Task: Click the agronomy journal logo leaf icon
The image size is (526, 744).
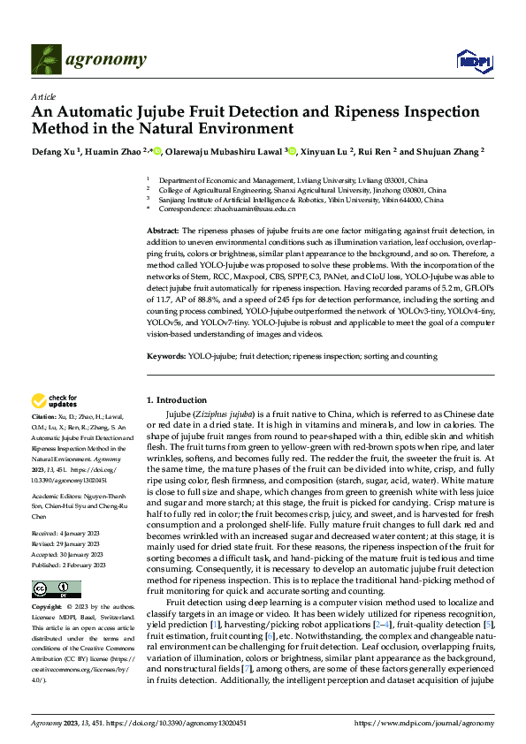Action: tap(45, 59)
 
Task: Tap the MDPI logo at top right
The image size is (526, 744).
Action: tap(471, 60)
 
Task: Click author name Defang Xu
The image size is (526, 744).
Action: tap(54, 151)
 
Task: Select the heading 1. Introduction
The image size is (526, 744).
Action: tap(177, 400)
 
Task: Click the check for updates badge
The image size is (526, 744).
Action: tap(55, 400)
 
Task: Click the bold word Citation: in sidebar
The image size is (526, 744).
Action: tap(44, 415)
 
